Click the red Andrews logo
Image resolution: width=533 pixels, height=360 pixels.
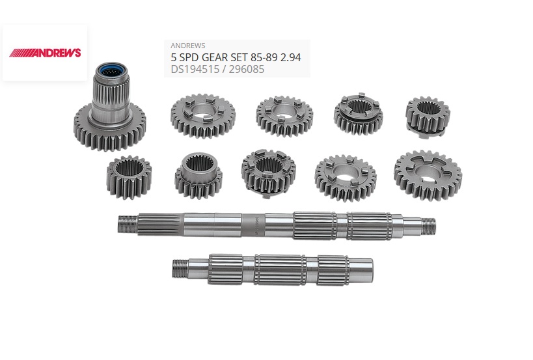coord(45,52)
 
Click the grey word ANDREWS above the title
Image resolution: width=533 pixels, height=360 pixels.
coord(187,46)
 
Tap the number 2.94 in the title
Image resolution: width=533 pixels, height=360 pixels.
coord(291,57)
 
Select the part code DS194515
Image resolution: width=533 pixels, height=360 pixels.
coord(195,70)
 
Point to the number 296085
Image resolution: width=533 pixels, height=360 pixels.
coord(247,70)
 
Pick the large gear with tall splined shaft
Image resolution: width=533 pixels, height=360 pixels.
coord(110,107)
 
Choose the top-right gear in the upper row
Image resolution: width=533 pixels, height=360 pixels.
coord(428,117)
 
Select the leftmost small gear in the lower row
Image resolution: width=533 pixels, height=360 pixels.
coord(129,177)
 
